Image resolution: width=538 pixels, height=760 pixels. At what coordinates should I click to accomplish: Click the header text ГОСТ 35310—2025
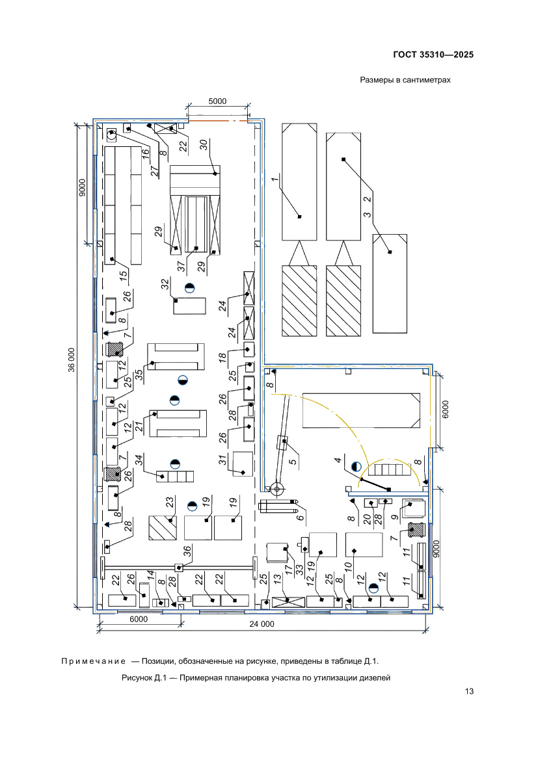[433, 55]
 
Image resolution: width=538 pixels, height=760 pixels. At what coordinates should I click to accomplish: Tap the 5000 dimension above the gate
[217, 101]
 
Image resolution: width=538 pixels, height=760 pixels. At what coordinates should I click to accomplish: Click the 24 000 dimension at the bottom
[262, 623]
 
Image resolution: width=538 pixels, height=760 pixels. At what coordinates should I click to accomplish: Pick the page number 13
[468, 691]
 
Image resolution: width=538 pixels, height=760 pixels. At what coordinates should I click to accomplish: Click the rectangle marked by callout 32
[190, 305]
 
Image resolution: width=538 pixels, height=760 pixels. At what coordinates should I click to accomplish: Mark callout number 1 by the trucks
[275, 177]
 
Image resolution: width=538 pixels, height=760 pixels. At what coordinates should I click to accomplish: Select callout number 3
[368, 215]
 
